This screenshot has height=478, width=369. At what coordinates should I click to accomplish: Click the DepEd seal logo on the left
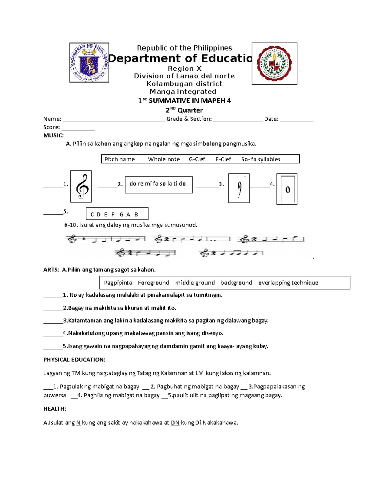coord(89,62)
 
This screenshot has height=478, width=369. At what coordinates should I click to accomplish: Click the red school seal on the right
coord(274,64)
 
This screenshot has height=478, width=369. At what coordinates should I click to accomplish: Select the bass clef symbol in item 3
coord(239,188)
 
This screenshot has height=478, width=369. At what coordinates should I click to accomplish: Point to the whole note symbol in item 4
coord(287,189)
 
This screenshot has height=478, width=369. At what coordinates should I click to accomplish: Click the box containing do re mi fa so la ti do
coord(159,185)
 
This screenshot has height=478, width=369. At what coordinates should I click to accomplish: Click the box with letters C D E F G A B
coord(117,214)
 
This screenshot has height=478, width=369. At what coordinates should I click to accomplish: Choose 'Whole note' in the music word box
coord(164,159)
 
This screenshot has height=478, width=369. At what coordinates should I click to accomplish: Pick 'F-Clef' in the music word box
coord(223,159)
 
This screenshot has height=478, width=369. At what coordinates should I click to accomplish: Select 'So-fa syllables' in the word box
coord(261,159)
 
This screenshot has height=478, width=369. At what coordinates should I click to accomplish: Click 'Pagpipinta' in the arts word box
coord(118,283)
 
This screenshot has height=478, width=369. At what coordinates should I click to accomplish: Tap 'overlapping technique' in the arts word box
coord(288,283)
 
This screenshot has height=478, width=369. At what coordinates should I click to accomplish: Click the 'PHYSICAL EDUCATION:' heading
coord(74,360)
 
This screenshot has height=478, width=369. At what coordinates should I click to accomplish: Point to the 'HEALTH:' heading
coord(55,409)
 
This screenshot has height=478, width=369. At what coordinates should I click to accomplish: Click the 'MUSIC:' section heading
coord(54,135)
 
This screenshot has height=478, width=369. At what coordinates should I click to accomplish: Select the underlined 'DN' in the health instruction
coord(175,423)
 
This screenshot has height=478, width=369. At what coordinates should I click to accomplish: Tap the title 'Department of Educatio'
coord(180,58)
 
